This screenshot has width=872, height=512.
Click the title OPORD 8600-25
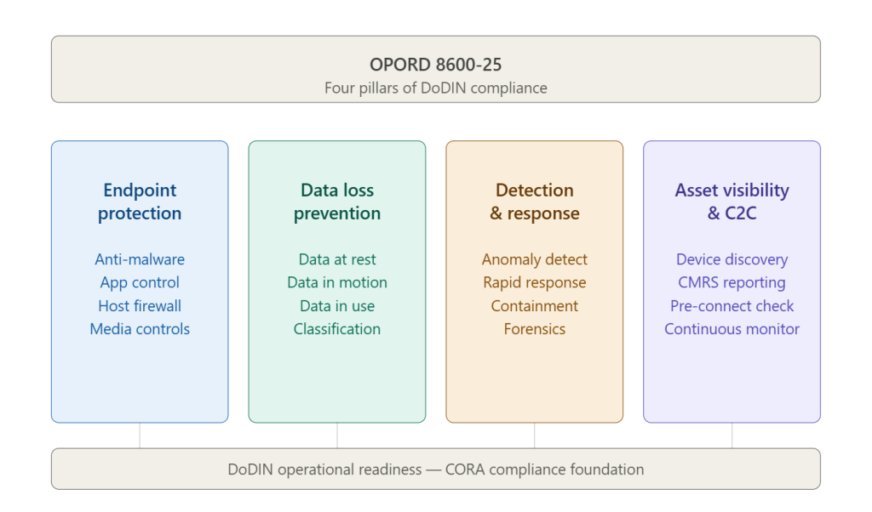[x=435, y=64]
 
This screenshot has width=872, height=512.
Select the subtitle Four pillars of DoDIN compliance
[x=435, y=88]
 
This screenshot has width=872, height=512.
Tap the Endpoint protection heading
[x=140, y=202]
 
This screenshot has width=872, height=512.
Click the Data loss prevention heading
[x=337, y=202]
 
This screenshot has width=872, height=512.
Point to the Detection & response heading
[x=535, y=202]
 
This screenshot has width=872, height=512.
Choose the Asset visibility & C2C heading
[x=731, y=202]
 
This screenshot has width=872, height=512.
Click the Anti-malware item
[x=140, y=259]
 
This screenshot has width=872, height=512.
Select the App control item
[x=140, y=282]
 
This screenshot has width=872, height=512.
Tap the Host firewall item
[x=140, y=305]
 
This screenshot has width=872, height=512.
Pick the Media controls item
[x=140, y=328]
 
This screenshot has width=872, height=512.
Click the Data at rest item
[x=337, y=259]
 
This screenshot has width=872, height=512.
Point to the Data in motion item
[x=337, y=282]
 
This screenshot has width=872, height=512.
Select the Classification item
[x=337, y=328]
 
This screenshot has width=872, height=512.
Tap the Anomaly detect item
[x=535, y=259]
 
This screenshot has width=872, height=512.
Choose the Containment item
[x=535, y=305]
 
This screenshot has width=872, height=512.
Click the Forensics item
[x=535, y=328]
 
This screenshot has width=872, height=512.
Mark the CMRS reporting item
[x=731, y=282]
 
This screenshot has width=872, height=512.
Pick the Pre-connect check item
[x=731, y=305]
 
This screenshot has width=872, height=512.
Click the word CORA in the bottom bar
[x=466, y=469]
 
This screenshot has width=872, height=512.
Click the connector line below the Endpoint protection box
[x=140, y=435]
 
